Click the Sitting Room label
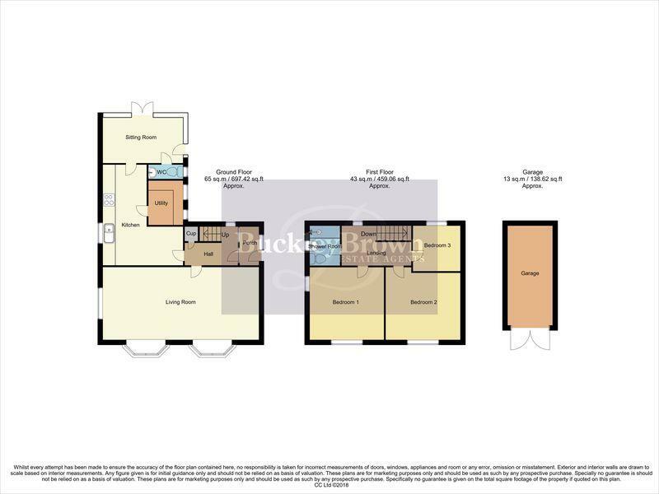click(141, 137)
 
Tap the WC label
click(161, 172)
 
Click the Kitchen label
click(130, 225)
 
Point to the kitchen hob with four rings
click(108, 199)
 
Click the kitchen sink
click(109, 235)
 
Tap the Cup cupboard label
click(191, 234)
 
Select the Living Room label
click(181, 302)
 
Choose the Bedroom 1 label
click(345, 302)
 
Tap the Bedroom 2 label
click(423, 302)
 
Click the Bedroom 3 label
click(436, 245)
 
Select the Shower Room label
click(325, 246)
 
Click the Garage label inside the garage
click(530, 273)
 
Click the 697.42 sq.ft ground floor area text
click(235, 179)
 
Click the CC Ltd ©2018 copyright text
click(329, 487)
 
